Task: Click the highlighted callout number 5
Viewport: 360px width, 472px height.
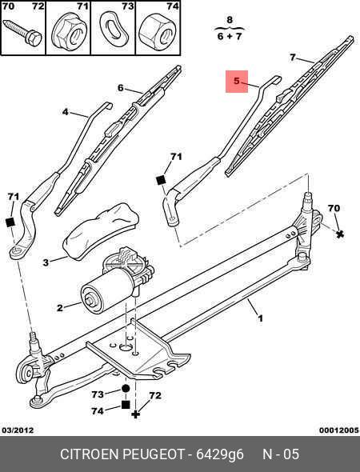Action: click(x=237, y=81)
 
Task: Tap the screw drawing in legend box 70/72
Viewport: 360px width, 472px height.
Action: click(x=22, y=33)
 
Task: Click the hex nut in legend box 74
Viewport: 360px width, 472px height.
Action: click(x=158, y=30)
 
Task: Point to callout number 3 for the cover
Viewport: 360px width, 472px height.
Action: click(x=46, y=262)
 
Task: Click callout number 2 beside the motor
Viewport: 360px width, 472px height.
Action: click(x=60, y=308)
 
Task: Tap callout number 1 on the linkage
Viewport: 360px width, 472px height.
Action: click(x=260, y=318)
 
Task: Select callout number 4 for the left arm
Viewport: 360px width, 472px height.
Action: click(x=66, y=112)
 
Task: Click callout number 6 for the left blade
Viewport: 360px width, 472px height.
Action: click(x=121, y=88)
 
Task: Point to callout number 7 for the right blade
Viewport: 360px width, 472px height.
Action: click(x=293, y=57)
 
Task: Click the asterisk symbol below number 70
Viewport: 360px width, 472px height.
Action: click(x=340, y=234)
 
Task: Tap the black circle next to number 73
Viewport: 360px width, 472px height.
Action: click(x=126, y=388)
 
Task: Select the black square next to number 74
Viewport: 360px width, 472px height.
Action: click(x=126, y=405)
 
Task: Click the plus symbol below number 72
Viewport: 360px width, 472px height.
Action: click(x=136, y=414)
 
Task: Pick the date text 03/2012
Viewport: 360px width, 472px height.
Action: click(x=18, y=430)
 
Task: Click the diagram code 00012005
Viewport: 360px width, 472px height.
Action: click(x=339, y=430)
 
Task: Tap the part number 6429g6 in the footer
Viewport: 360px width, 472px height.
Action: click(x=220, y=454)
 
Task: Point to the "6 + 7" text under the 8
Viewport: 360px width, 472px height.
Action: click(x=230, y=37)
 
